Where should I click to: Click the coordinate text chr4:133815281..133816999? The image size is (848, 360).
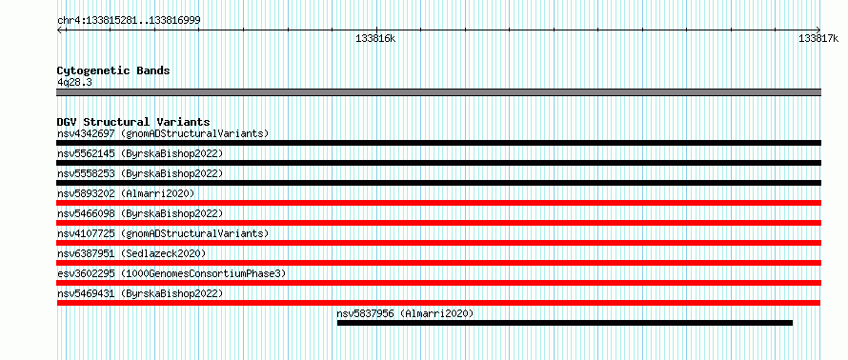tap(129, 21)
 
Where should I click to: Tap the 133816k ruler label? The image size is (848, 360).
tap(375, 38)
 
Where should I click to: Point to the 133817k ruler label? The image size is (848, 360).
tap(818, 38)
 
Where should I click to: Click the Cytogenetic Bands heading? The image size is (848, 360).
tap(113, 70)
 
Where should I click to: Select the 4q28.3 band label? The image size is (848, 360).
tap(74, 82)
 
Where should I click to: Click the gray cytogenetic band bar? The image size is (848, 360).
tap(438, 92)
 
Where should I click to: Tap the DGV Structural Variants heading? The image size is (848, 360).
tap(133, 122)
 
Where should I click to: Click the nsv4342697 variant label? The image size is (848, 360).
tap(86, 133)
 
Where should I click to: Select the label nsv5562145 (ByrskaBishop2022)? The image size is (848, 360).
tap(140, 153)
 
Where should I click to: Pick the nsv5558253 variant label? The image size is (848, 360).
tap(86, 173)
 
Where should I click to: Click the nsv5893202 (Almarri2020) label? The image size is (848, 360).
tap(126, 193)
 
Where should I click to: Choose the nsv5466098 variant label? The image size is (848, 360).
tap(86, 213)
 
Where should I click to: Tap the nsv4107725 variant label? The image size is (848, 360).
tap(86, 233)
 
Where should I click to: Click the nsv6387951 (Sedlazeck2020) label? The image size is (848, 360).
tap(131, 253)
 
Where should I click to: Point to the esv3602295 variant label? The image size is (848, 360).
tap(86, 273)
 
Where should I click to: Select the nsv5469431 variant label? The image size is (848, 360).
tap(86, 293)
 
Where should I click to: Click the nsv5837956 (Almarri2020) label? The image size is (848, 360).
tap(405, 313)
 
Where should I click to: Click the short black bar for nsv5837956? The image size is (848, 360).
tap(565, 323)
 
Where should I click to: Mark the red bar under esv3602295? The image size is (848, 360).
tap(438, 283)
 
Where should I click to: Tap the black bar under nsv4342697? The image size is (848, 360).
tap(438, 143)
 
